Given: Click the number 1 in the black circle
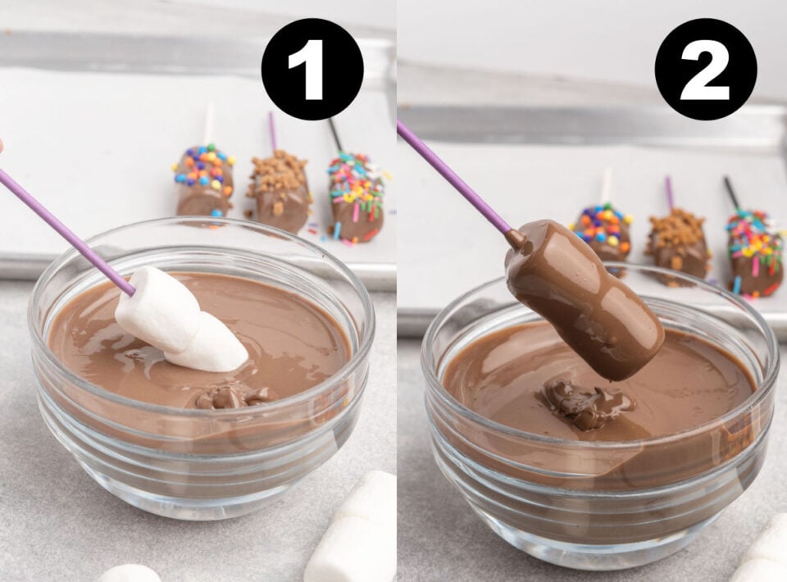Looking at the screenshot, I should (312, 70).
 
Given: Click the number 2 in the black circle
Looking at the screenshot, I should (705, 70).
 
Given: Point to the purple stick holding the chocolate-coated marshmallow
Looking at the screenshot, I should (455, 178).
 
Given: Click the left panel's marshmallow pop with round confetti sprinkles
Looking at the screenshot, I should (203, 180).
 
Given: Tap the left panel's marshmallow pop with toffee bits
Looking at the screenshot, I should (280, 190).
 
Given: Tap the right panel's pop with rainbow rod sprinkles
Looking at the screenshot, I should (754, 250).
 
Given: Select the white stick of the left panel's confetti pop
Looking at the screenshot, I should (209, 123).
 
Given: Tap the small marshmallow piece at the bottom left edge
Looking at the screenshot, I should (127, 573).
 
